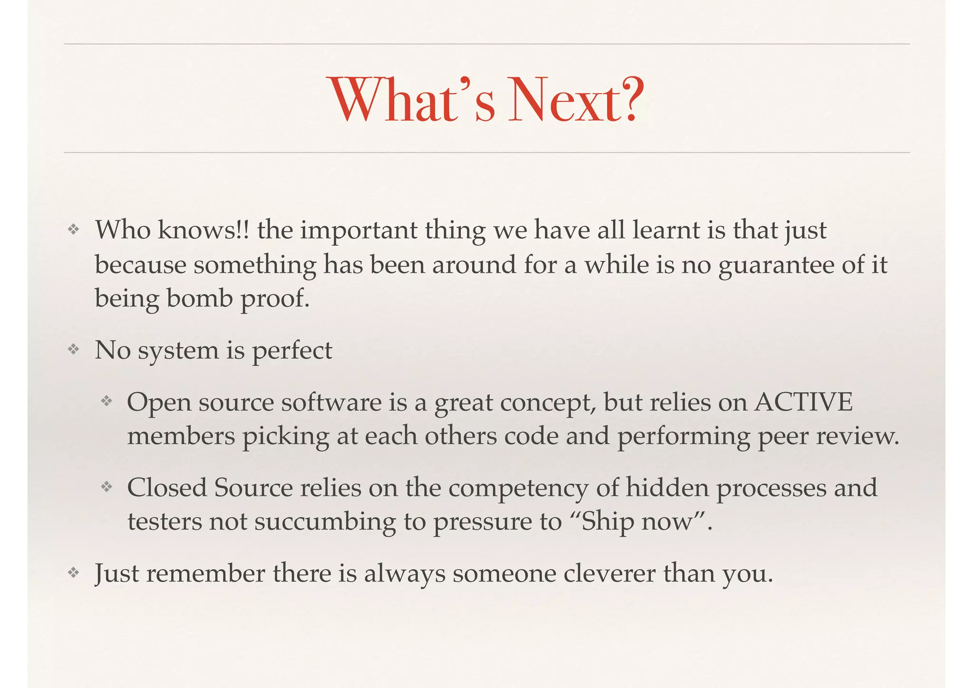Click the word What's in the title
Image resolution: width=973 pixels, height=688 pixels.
point(412,101)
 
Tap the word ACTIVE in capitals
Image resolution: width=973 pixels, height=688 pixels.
point(803,402)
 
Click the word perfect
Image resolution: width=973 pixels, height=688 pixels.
point(292,351)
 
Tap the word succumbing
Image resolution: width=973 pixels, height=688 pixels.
point(325,522)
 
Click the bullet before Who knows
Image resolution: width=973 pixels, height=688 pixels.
point(73,230)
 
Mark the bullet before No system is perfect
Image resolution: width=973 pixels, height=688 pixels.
point(73,350)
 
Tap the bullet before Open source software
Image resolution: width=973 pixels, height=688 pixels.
point(106,402)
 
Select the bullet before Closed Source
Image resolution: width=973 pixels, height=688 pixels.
point(106,487)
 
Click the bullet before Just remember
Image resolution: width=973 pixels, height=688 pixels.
point(73,573)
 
